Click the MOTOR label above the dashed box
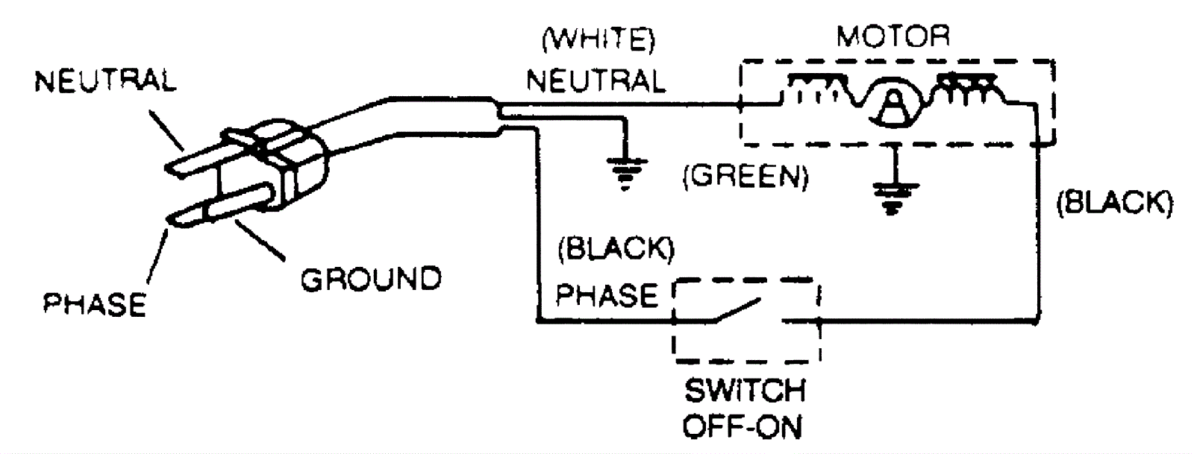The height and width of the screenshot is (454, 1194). (893, 36)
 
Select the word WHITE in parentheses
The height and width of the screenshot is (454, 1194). (598, 40)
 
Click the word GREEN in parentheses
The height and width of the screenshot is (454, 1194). (746, 177)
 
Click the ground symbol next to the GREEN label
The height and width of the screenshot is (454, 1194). (625, 172)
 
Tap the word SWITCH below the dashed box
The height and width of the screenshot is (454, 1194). (744, 391)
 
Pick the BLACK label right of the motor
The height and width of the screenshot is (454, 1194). (1114, 202)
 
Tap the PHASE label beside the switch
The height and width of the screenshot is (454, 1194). (606, 295)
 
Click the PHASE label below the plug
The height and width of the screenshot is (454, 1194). (94, 304)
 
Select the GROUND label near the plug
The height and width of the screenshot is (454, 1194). (370, 279)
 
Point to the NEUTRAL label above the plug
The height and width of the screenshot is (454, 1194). (105, 81)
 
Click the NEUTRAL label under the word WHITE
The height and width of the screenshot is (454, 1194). (596, 81)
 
